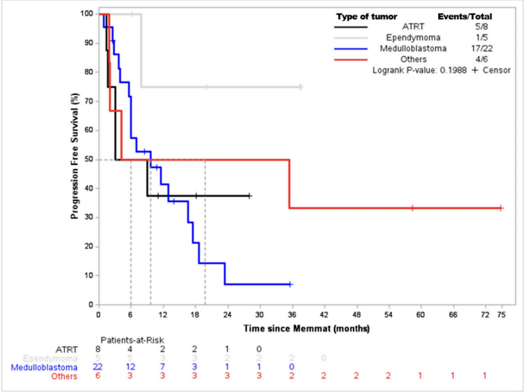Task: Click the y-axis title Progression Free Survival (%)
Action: tap(76, 158)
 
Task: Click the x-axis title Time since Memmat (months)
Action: tap(306, 328)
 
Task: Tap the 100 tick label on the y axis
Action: tap(86, 14)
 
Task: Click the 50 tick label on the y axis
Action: tap(88, 159)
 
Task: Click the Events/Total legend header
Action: tap(464, 16)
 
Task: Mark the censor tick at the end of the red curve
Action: tap(500, 208)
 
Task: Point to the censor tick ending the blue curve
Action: tap(290, 284)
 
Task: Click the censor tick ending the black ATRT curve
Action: tap(249, 196)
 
